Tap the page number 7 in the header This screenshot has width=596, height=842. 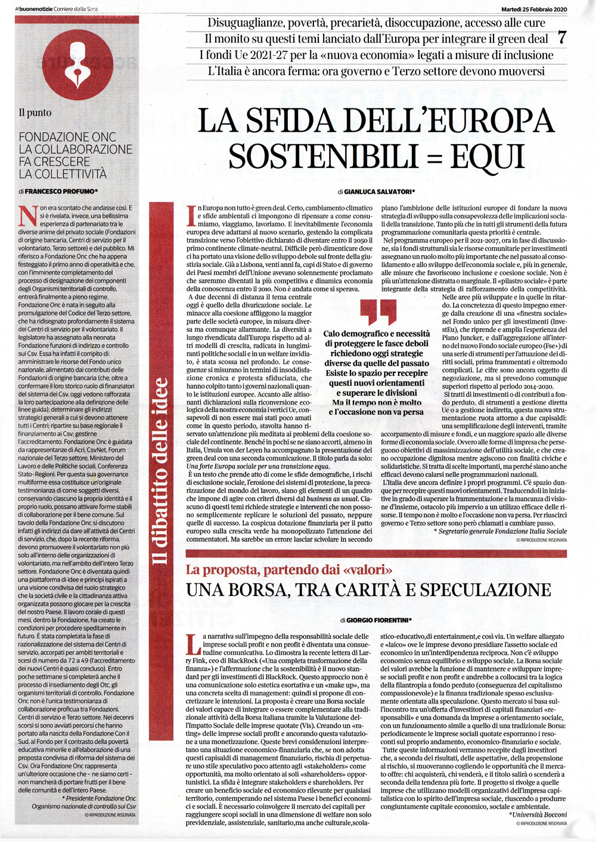coord(561,38)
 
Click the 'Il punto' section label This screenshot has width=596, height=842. coord(35,113)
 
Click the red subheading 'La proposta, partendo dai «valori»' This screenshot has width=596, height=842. coord(289,570)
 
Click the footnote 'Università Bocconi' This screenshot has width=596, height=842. coord(539,814)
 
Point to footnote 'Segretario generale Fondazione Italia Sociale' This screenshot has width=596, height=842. coord(501,531)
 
